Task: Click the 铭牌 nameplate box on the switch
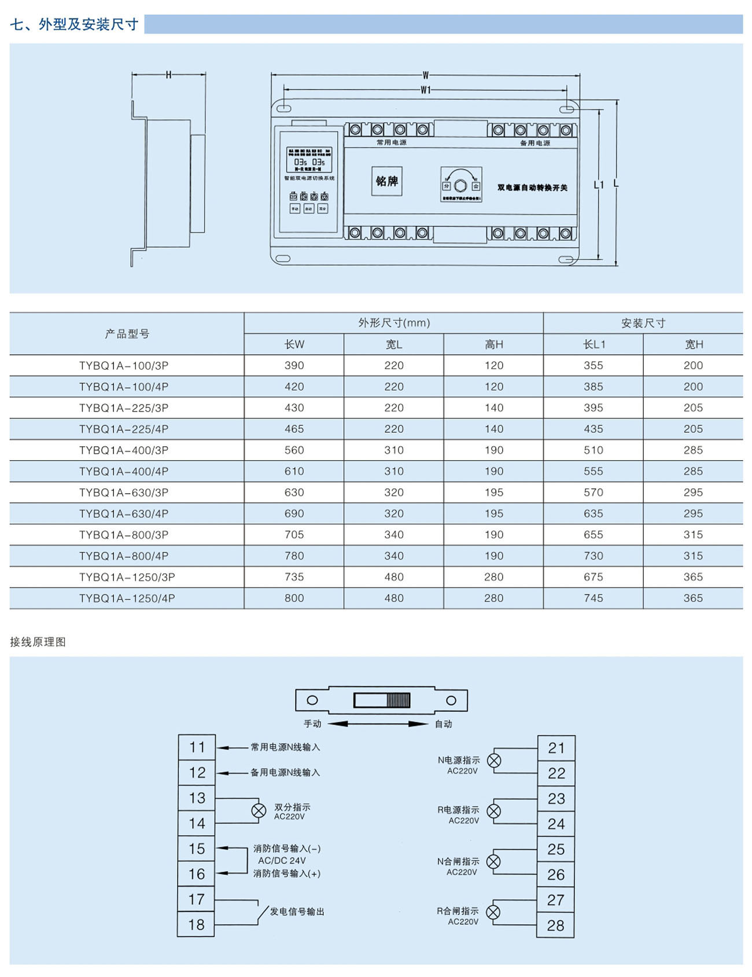tap(386, 181)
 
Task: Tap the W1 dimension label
tap(426, 90)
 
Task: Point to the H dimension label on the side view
tap(168, 75)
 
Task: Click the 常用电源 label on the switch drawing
tap(391, 142)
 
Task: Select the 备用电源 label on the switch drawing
tap(534, 143)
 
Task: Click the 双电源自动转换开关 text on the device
tap(532, 188)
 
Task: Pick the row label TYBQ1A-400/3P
tap(124, 450)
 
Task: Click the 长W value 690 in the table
tap(294, 513)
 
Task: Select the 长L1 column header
tap(594, 344)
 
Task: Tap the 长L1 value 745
tap(594, 598)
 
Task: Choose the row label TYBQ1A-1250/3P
tap(127, 577)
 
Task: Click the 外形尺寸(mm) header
tap(393, 323)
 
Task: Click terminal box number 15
tap(197, 849)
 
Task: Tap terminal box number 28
tap(555, 925)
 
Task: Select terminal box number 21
tap(556, 748)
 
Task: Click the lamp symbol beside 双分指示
tap(259, 811)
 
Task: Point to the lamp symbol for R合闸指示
tap(493, 913)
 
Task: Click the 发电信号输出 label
tap(297, 912)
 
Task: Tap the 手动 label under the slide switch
tap(312, 723)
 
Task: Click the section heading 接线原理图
tap(38, 642)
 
